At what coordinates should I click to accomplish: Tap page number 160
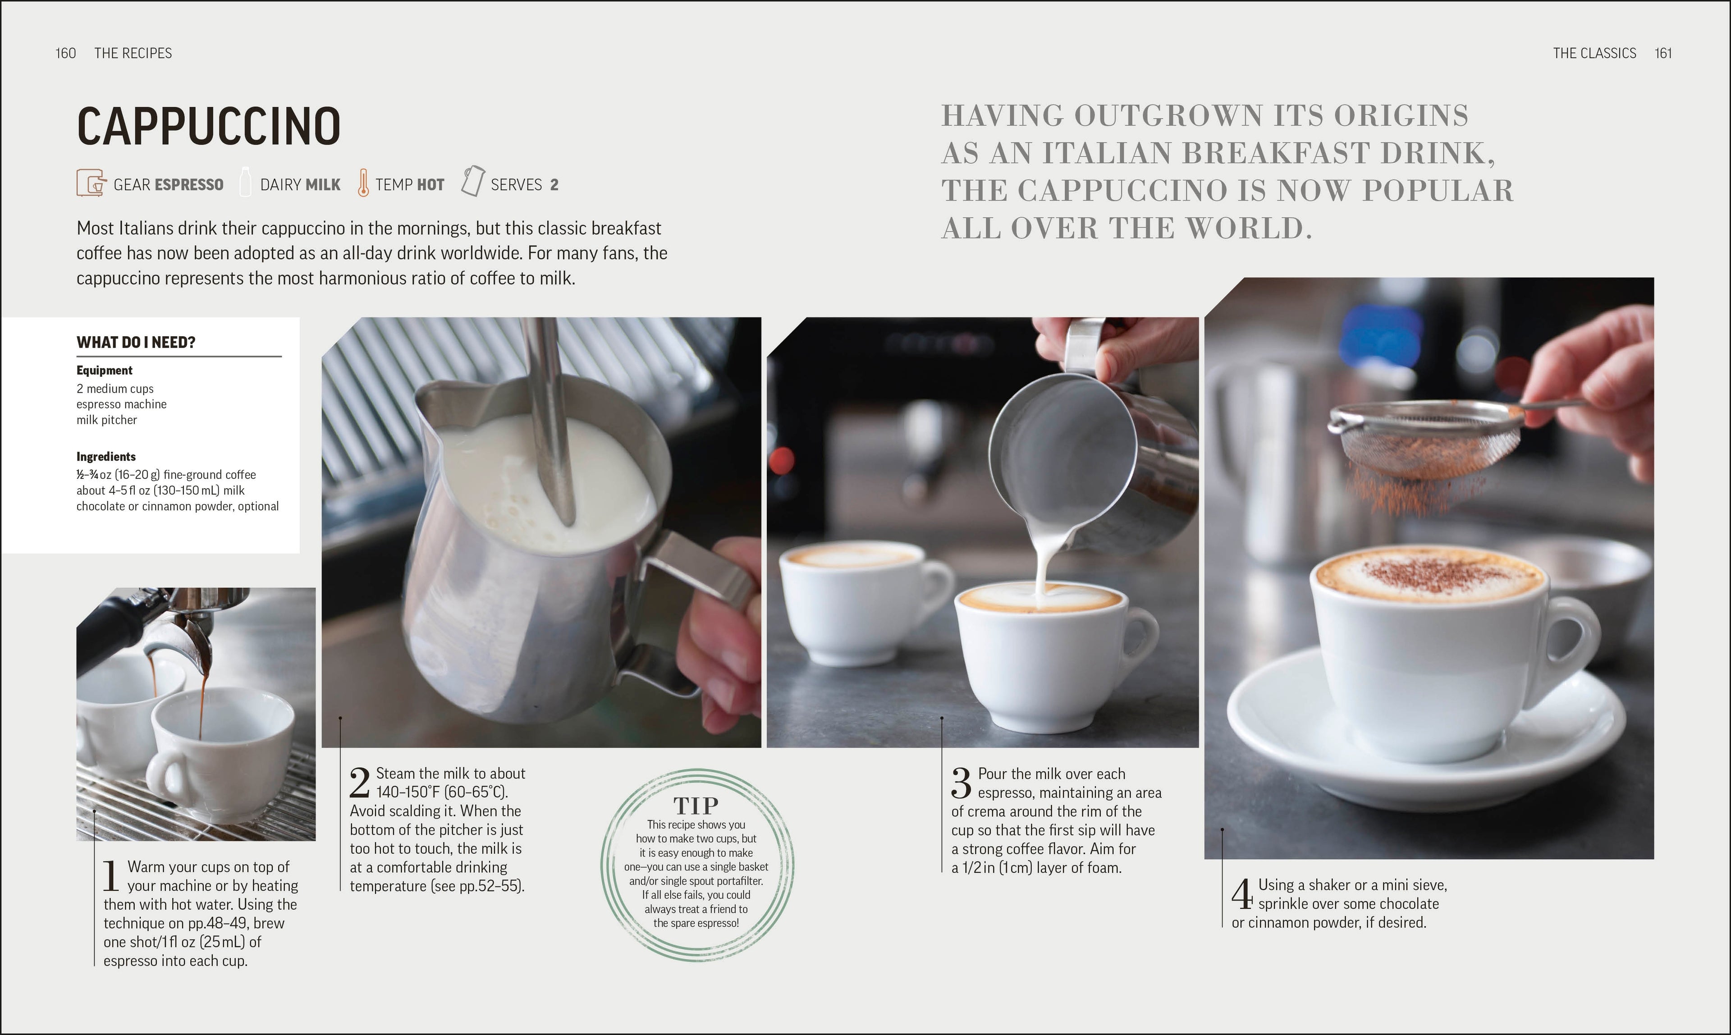(x=65, y=53)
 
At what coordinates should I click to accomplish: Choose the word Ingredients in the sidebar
(x=106, y=456)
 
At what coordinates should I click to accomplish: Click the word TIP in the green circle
(x=696, y=806)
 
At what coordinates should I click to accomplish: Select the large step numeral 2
(x=359, y=783)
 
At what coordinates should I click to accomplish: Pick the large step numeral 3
(x=961, y=783)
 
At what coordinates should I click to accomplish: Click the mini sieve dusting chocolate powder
(x=1426, y=443)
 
